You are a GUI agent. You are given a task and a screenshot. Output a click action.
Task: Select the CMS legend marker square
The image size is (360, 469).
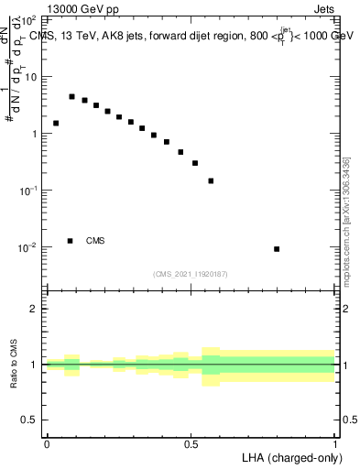point(71,241)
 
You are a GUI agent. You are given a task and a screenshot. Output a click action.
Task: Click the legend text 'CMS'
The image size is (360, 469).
point(95,241)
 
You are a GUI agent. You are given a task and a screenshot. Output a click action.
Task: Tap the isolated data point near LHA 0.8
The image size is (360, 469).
point(277,249)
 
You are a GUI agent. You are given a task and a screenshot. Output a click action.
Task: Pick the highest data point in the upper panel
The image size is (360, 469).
point(71,96)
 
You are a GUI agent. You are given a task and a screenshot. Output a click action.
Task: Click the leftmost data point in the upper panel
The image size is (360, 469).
point(56,123)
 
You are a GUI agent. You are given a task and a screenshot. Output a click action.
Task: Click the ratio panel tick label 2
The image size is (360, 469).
point(37,309)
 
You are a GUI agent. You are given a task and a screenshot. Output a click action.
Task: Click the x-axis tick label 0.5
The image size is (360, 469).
point(191,444)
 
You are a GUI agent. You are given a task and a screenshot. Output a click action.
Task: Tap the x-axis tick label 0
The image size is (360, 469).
point(47,444)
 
